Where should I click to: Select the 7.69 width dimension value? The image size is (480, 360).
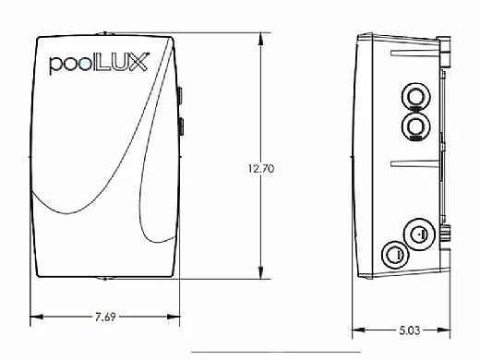(x=104, y=317)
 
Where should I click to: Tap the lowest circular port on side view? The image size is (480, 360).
(x=395, y=253)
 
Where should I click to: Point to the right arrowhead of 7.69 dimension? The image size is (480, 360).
(x=174, y=317)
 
